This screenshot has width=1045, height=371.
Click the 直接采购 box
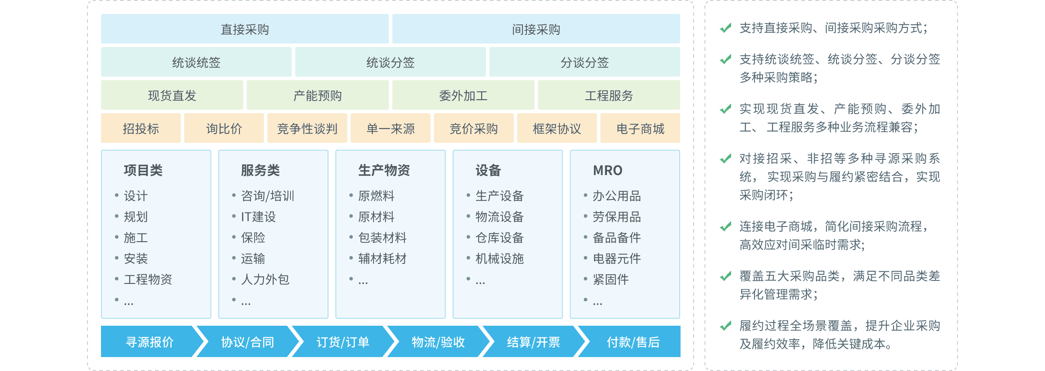click(x=245, y=29)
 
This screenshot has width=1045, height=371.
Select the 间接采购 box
click(x=536, y=29)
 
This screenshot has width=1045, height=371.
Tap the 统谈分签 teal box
click(x=390, y=62)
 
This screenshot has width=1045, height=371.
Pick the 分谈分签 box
click(x=584, y=62)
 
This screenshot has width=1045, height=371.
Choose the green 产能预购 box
click(x=317, y=95)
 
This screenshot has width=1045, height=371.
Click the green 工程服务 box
click(x=609, y=95)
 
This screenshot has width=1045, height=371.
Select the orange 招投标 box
click(x=141, y=128)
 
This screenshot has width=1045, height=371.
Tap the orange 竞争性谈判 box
click(x=307, y=128)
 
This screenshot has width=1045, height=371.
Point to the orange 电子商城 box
click(x=640, y=128)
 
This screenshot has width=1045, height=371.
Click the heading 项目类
click(x=143, y=170)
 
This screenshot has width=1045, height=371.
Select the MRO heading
click(x=607, y=170)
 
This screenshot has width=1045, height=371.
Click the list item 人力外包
click(x=265, y=279)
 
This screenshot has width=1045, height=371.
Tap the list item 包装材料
click(x=382, y=237)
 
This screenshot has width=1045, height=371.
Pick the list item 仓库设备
click(x=499, y=237)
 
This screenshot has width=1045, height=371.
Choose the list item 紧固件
click(x=610, y=279)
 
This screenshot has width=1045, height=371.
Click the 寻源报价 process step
click(x=149, y=342)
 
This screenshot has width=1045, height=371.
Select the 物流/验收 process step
click(x=438, y=342)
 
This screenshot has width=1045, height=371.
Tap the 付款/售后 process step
click(x=633, y=342)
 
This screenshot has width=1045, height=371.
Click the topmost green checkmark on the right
click(x=725, y=28)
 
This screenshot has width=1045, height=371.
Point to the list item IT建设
click(x=258, y=216)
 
